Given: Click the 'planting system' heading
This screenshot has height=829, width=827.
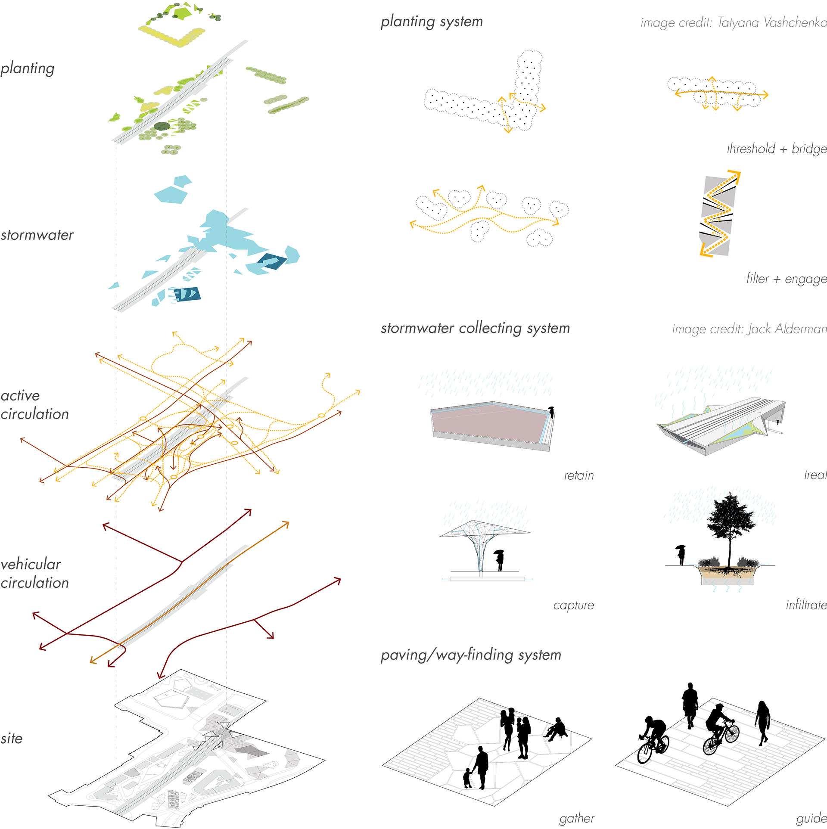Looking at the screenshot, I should tap(432, 22).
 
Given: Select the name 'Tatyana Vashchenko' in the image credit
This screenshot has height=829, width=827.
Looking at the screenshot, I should tap(772, 22).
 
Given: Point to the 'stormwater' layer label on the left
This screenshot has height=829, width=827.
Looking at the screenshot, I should tap(37, 235).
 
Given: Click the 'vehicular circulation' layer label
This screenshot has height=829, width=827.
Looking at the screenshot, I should tap(34, 573).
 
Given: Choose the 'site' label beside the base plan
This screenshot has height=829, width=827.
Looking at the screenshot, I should tap(12, 739).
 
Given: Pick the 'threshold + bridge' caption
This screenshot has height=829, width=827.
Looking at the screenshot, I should tap(777, 149).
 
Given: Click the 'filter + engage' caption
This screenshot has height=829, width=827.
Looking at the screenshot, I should tap(787, 279).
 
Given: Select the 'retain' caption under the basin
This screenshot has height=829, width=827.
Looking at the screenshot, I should tap(579, 475).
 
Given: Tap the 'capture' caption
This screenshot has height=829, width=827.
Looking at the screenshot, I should tap(573, 605).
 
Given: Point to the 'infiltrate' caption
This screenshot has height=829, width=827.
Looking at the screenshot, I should tap(806, 605).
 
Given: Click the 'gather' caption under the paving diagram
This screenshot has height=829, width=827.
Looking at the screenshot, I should tap(577, 818).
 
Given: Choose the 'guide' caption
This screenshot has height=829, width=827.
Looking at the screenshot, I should tap(811, 818).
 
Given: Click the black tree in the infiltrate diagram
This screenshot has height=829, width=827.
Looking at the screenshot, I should tap(730, 523).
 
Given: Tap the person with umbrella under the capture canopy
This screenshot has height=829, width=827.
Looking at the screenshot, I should tap(500, 560).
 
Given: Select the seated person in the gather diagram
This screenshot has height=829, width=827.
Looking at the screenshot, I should tap(556, 729).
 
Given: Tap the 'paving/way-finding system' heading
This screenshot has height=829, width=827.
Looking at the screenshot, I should tap(471, 655).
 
